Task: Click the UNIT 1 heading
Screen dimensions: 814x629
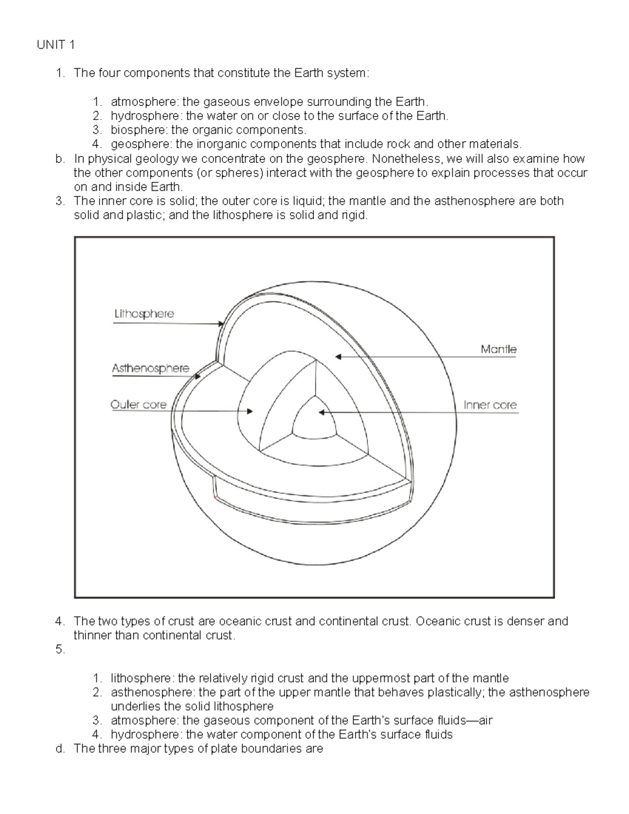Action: point(56,45)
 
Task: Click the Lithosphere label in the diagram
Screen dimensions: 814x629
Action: point(144,314)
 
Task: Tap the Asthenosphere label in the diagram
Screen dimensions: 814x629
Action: point(150,368)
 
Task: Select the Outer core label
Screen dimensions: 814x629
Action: point(138,405)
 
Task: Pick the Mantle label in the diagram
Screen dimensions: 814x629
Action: point(498,349)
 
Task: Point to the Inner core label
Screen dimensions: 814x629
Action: point(490,405)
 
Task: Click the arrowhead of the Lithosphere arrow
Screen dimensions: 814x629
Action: point(221,324)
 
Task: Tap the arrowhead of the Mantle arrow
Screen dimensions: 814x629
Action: point(339,357)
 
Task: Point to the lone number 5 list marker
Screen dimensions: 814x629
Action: point(60,649)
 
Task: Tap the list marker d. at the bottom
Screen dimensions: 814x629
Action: point(60,748)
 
